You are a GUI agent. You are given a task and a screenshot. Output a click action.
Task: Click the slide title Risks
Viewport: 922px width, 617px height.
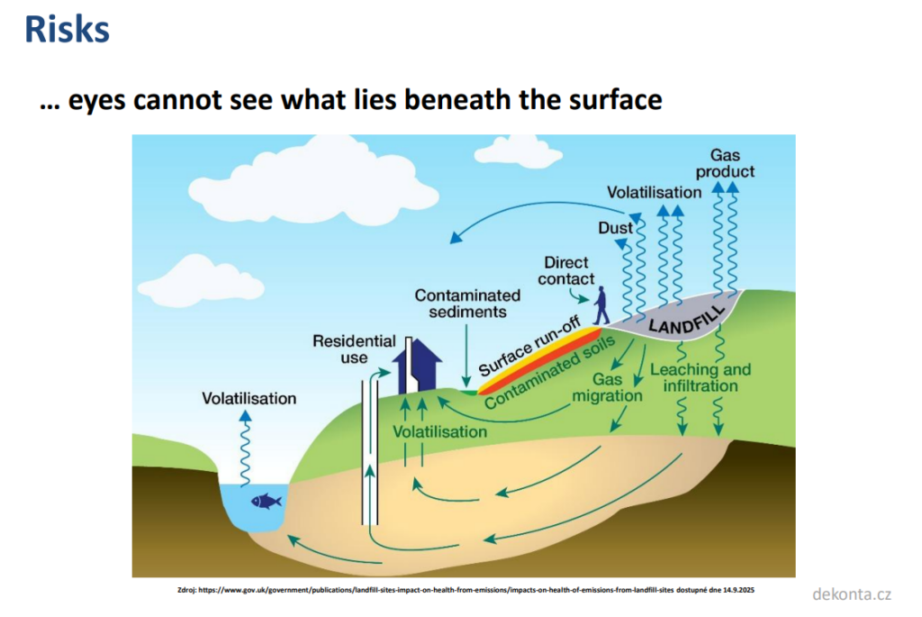(67, 30)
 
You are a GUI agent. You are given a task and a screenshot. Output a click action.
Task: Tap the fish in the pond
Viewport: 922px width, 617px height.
(266, 500)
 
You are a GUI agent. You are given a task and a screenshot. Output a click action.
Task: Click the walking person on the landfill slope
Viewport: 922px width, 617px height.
(601, 306)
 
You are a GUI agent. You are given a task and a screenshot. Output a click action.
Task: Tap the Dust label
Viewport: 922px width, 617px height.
(616, 229)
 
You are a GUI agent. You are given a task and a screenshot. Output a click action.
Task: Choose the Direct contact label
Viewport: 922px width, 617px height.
(566, 270)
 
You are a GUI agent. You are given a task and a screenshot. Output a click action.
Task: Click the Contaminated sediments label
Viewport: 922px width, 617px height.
(467, 304)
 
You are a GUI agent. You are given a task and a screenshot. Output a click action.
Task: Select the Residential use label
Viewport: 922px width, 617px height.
(354, 349)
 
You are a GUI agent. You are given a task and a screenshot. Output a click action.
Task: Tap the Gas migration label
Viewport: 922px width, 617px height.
(607, 388)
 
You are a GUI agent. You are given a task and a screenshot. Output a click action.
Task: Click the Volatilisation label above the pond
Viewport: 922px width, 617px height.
(249, 398)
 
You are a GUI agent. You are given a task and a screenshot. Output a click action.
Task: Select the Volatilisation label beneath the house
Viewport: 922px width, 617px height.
(439, 431)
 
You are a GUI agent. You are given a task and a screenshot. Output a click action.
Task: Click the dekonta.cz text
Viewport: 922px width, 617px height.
(851, 594)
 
